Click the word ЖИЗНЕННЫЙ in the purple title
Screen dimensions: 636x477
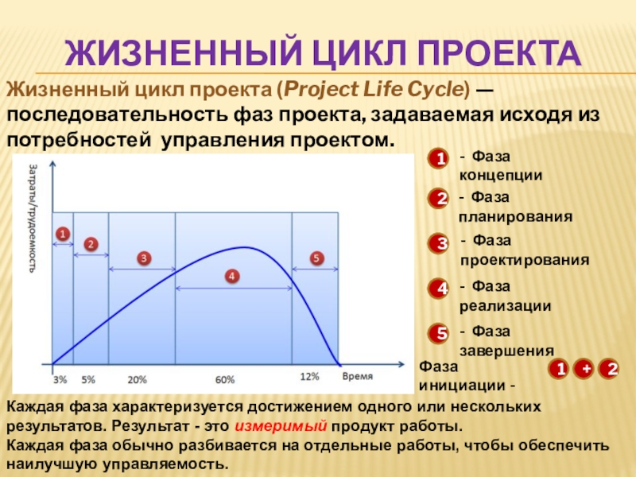(184, 52)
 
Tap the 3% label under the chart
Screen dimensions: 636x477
(60, 380)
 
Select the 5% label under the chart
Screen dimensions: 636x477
(88, 380)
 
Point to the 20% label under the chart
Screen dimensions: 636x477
(137, 380)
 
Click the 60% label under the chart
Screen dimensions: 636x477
(225, 380)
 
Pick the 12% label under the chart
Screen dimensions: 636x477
(309, 377)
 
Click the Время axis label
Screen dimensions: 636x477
(357, 376)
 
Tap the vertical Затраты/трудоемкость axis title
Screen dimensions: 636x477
(33, 218)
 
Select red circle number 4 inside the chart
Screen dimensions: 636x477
(231, 277)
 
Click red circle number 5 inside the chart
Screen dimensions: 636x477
(316, 258)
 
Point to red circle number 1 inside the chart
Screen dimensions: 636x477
(63, 234)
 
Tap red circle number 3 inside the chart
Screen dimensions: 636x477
(144, 258)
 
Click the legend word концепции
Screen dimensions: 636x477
(501, 176)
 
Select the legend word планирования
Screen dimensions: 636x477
(515, 217)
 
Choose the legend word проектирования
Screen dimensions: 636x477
(525, 261)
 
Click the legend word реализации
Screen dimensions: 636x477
(506, 306)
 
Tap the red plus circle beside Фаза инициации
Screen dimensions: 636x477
(586, 369)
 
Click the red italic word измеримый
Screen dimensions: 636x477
(281, 426)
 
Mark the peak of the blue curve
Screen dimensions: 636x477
(243, 247)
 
